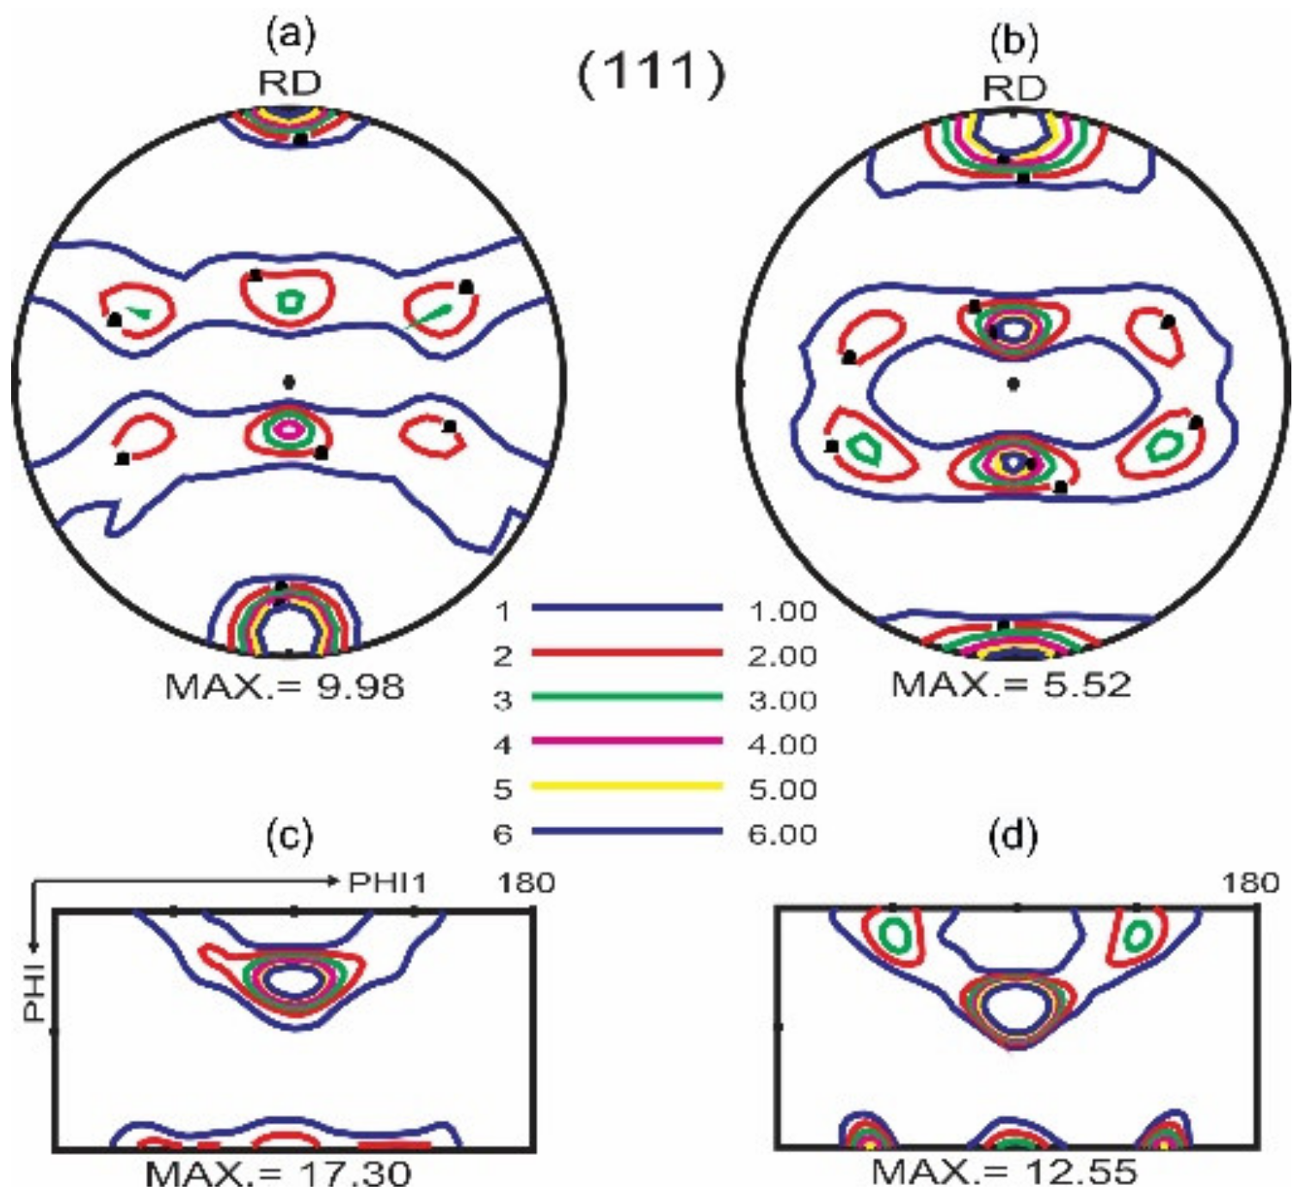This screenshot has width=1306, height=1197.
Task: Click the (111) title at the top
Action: (x=650, y=73)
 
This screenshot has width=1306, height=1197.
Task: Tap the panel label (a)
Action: (x=291, y=35)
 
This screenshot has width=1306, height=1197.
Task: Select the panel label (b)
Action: (x=1014, y=40)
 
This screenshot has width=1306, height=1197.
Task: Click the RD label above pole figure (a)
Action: (x=290, y=83)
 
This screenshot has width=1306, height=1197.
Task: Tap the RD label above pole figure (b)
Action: (x=1014, y=89)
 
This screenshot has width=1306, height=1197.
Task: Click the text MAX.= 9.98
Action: (x=285, y=686)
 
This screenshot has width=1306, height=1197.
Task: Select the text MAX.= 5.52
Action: (x=1011, y=684)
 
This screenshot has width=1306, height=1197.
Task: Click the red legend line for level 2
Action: (x=626, y=653)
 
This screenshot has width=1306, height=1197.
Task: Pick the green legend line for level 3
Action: (x=626, y=697)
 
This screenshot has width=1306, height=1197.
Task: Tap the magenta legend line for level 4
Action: (x=626, y=741)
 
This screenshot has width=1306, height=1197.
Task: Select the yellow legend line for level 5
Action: (x=626, y=786)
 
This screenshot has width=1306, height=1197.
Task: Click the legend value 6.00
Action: (x=782, y=834)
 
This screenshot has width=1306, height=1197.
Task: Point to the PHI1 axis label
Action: (x=387, y=882)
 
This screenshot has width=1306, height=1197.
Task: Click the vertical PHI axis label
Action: (x=34, y=996)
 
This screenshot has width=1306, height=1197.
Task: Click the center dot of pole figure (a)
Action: (x=289, y=382)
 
